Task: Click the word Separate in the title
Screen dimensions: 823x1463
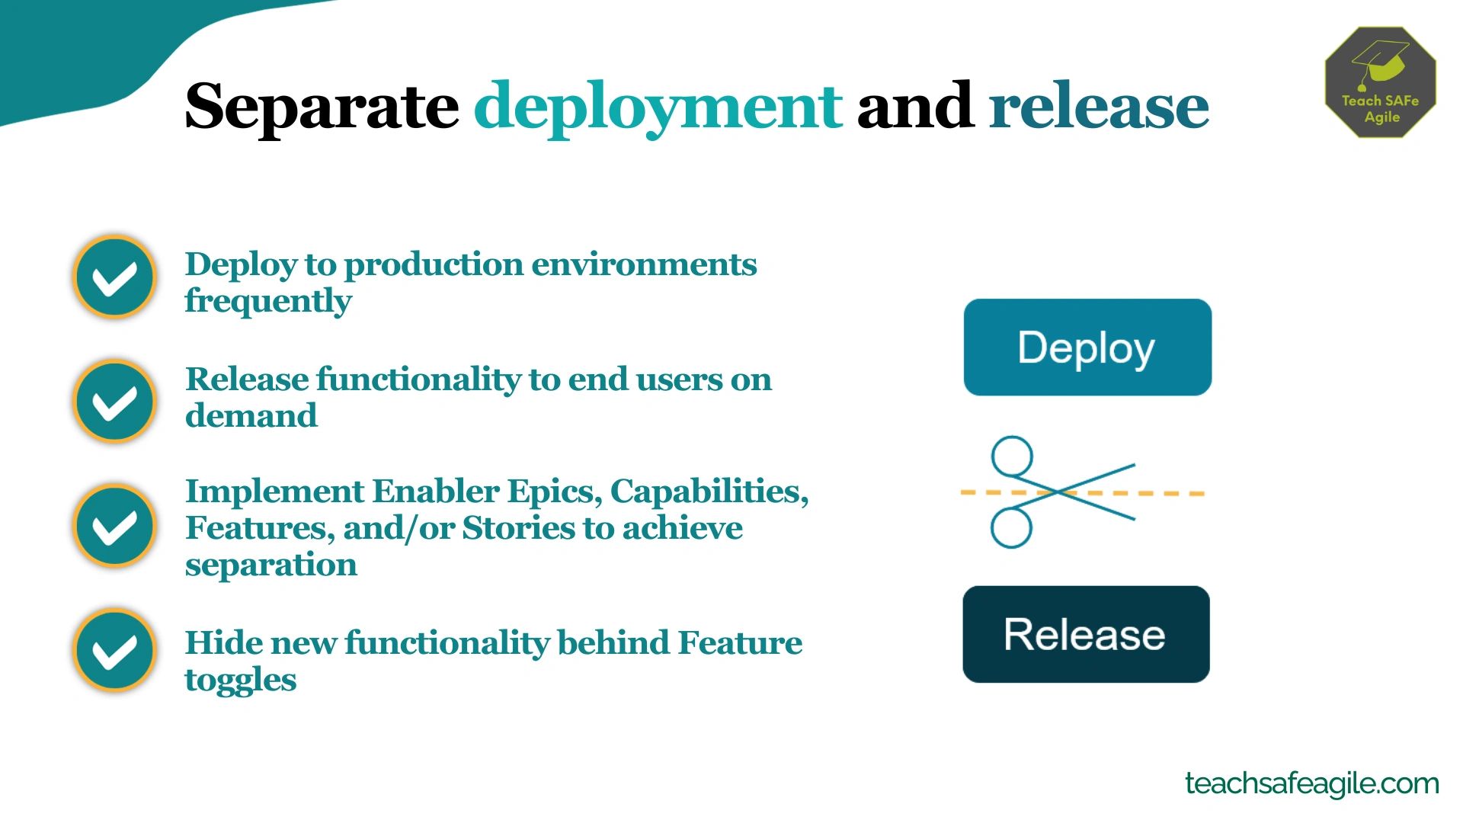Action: [321, 107]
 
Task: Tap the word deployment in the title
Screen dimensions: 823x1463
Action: [658, 107]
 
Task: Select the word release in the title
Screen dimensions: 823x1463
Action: [1099, 107]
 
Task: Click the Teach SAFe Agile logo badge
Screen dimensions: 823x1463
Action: [1381, 82]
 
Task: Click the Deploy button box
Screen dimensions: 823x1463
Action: [1087, 347]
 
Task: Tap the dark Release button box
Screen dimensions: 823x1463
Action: [1086, 634]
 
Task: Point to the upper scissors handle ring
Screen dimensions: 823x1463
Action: [1012, 456]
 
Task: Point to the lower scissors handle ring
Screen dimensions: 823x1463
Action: [1011, 527]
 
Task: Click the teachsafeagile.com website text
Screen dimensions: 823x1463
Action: [1311, 783]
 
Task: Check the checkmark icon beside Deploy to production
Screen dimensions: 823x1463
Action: [115, 277]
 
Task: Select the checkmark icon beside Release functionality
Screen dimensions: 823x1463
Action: [115, 401]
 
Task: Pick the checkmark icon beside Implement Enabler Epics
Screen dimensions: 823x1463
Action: [115, 526]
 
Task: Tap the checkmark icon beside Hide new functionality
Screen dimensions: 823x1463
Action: [115, 650]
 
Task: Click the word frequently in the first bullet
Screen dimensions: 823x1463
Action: [268, 301]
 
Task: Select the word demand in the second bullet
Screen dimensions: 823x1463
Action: [251, 416]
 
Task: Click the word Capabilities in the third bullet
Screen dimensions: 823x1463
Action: [709, 492]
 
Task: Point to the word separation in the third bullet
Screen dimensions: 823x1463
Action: [271, 565]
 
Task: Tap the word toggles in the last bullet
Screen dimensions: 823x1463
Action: [240, 680]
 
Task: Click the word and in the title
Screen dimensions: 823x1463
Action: [914, 107]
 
